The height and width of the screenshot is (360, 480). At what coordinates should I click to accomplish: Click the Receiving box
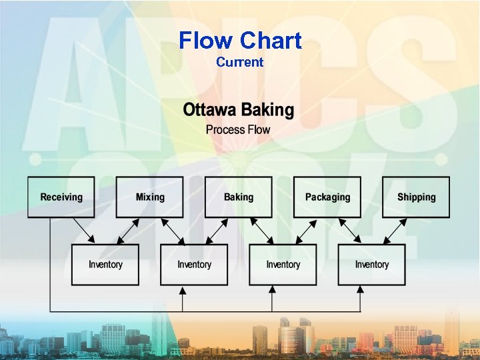click(61, 197)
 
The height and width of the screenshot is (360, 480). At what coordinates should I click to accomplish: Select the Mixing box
click(149, 197)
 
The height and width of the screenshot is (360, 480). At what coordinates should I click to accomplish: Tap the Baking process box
click(238, 197)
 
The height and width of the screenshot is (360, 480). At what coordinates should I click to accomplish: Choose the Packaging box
click(327, 197)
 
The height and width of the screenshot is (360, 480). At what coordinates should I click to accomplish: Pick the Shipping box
click(416, 197)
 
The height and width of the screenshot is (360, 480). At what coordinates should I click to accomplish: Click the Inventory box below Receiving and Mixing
click(105, 265)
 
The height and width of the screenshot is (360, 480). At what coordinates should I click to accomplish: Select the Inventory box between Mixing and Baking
click(194, 265)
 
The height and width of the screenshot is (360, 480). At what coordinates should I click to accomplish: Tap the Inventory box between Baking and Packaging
click(283, 265)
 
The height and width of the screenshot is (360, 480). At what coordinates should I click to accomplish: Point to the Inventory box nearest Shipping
click(371, 265)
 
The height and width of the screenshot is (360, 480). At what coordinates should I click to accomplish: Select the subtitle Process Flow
click(238, 129)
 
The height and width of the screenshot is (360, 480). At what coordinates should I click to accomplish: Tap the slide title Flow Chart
click(240, 41)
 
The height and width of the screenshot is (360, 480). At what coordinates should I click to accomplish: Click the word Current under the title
click(240, 62)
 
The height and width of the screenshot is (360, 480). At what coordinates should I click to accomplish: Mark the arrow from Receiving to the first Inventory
click(84, 231)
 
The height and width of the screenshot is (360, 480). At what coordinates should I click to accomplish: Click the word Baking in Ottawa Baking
click(267, 110)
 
